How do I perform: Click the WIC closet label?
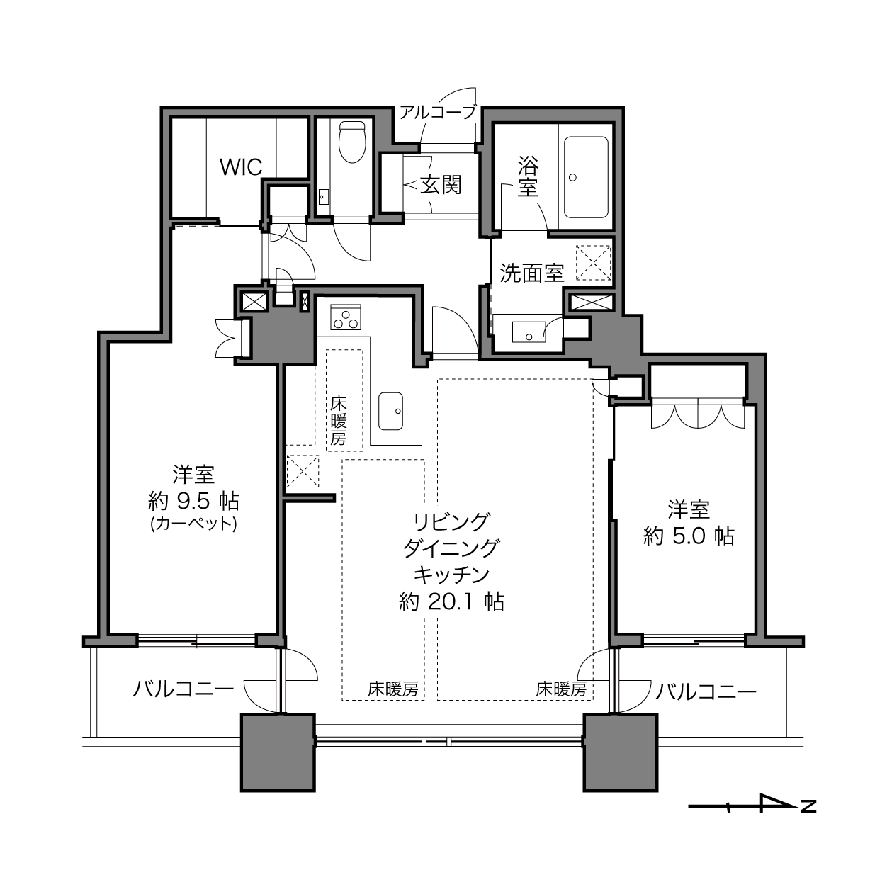click(241, 166)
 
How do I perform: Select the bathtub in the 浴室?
click(586, 177)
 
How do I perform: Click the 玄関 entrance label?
click(441, 185)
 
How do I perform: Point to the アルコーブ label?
click(437, 112)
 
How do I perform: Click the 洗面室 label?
click(531, 273)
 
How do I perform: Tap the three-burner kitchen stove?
click(345, 317)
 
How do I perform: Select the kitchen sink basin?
click(390, 411)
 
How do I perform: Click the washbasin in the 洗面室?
click(529, 332)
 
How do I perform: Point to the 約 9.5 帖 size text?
click(193, 502)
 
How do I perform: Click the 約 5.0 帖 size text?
click(688, 536)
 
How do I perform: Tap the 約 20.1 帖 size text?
click(451, 601)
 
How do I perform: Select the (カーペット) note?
click(193, 524)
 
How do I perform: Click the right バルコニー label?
click(706, 691)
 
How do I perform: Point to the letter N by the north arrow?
click(809, 806)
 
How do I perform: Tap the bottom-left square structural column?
click(278, 752)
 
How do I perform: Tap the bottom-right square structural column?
click(621, 752)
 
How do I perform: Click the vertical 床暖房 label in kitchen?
click(339, 421)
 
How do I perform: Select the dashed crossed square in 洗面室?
click(593, 263)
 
